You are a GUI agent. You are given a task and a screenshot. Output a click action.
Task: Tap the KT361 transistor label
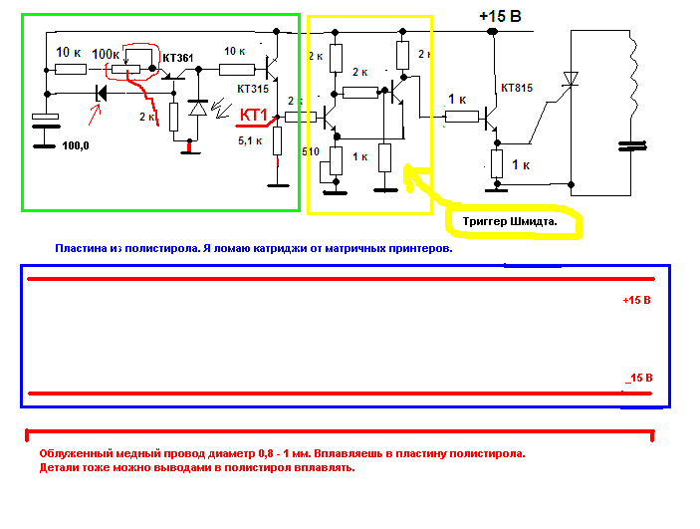click(177, 58)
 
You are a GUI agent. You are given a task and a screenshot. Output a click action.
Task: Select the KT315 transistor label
click(254, 89)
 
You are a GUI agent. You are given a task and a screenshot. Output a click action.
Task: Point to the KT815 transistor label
click(517, 88)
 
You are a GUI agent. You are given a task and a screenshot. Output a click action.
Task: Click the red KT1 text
click(255, 115)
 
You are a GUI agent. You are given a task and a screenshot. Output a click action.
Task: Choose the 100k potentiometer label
click(106, 52)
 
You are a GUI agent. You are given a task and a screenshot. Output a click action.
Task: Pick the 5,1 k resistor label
click(249, 140)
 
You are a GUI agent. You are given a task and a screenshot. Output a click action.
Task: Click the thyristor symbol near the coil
click(571, 78)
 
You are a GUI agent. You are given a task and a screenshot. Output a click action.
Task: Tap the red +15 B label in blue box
click(636, 299)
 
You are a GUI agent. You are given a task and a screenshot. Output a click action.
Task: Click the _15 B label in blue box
click(638, 378)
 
